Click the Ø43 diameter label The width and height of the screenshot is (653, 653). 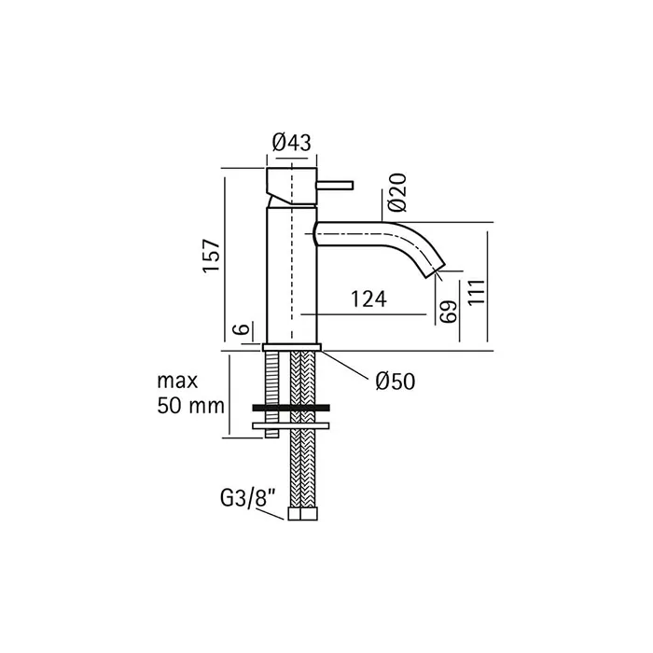[291, 143]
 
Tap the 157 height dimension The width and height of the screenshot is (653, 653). [211, 256]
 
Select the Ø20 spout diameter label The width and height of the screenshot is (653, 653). [396, 192]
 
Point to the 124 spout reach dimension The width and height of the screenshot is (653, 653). [368, 299]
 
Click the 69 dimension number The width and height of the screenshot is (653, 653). [449, 312]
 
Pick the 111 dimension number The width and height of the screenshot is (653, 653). [477, 292]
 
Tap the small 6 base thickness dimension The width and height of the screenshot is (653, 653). [243, 328]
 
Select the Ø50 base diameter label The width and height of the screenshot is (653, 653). [396, 381]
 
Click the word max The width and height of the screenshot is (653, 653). [177, 381]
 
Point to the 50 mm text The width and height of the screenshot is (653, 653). [190, 406]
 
